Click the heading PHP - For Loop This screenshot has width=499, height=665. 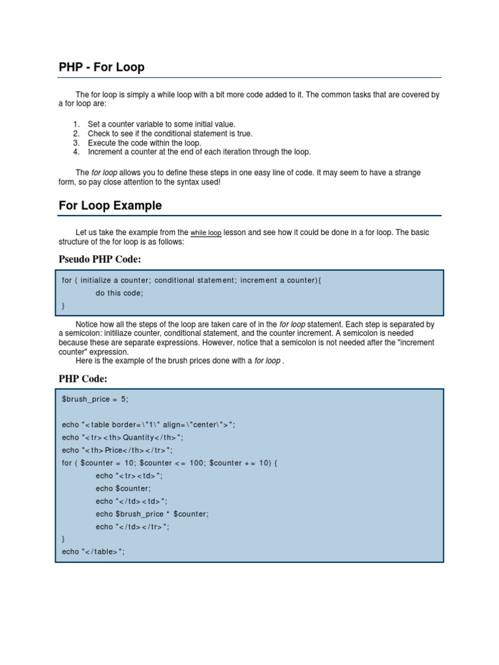tap(101, 67)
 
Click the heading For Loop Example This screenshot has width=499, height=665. tap(110, 206)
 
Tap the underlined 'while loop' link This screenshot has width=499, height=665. tap(206, 232)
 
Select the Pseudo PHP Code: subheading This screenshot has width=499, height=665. tap(99, 259)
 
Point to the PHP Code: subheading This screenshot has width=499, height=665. tap(83, 379)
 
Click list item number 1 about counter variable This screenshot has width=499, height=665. tap(161, 124)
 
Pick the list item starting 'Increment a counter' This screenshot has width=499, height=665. tap(199, 152)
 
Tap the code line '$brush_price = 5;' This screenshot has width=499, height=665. tap(95, 399)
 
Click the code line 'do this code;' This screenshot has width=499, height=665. tap(119, 293)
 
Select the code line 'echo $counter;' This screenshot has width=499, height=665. tap(123, 488)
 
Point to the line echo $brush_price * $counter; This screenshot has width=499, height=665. tap(152, 514)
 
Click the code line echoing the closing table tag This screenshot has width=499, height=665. tap(93, 552)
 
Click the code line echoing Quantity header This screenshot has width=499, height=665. tap(123, 438)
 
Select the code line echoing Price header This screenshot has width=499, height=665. tap(118, 450)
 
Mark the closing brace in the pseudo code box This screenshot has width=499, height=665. tap(64, 305)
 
